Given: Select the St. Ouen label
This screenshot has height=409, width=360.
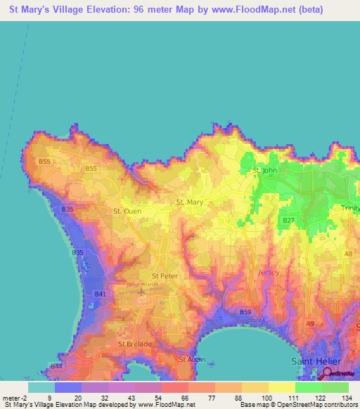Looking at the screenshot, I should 127,210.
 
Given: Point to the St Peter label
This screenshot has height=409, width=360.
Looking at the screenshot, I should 165,276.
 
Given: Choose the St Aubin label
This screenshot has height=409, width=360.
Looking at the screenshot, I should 192,359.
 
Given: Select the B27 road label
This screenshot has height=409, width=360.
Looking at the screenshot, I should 288,221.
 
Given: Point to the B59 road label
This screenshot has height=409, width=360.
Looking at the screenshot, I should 245,311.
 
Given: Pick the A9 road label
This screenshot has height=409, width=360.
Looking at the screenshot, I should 310,323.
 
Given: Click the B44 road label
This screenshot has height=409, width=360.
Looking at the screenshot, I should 56,367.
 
